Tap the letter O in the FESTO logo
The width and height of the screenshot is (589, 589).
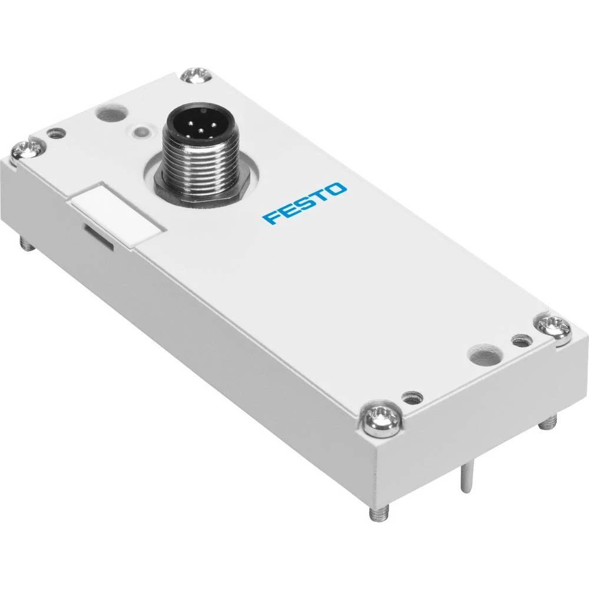(x=338, y=190)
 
